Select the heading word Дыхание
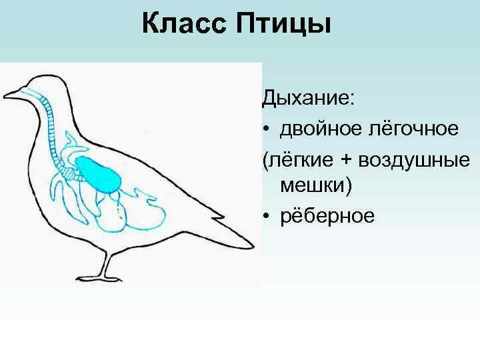[x=309, y=99]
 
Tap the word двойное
[x=318, y=128]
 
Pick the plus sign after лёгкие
[x=349, y=159]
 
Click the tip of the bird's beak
[x=5, y=93]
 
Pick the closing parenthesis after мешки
[x=347, y=187]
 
